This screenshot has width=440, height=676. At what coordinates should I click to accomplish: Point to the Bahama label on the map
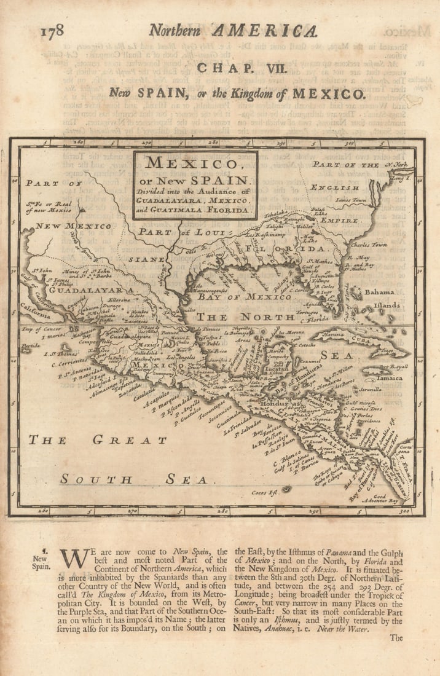380,293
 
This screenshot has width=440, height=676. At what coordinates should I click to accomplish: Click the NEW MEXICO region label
74,226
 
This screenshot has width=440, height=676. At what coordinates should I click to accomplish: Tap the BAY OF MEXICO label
244,297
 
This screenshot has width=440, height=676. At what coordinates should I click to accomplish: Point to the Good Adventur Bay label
386,498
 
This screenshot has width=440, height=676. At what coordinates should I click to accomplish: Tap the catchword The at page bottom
396,637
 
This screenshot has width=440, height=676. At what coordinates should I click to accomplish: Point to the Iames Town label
350,200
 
